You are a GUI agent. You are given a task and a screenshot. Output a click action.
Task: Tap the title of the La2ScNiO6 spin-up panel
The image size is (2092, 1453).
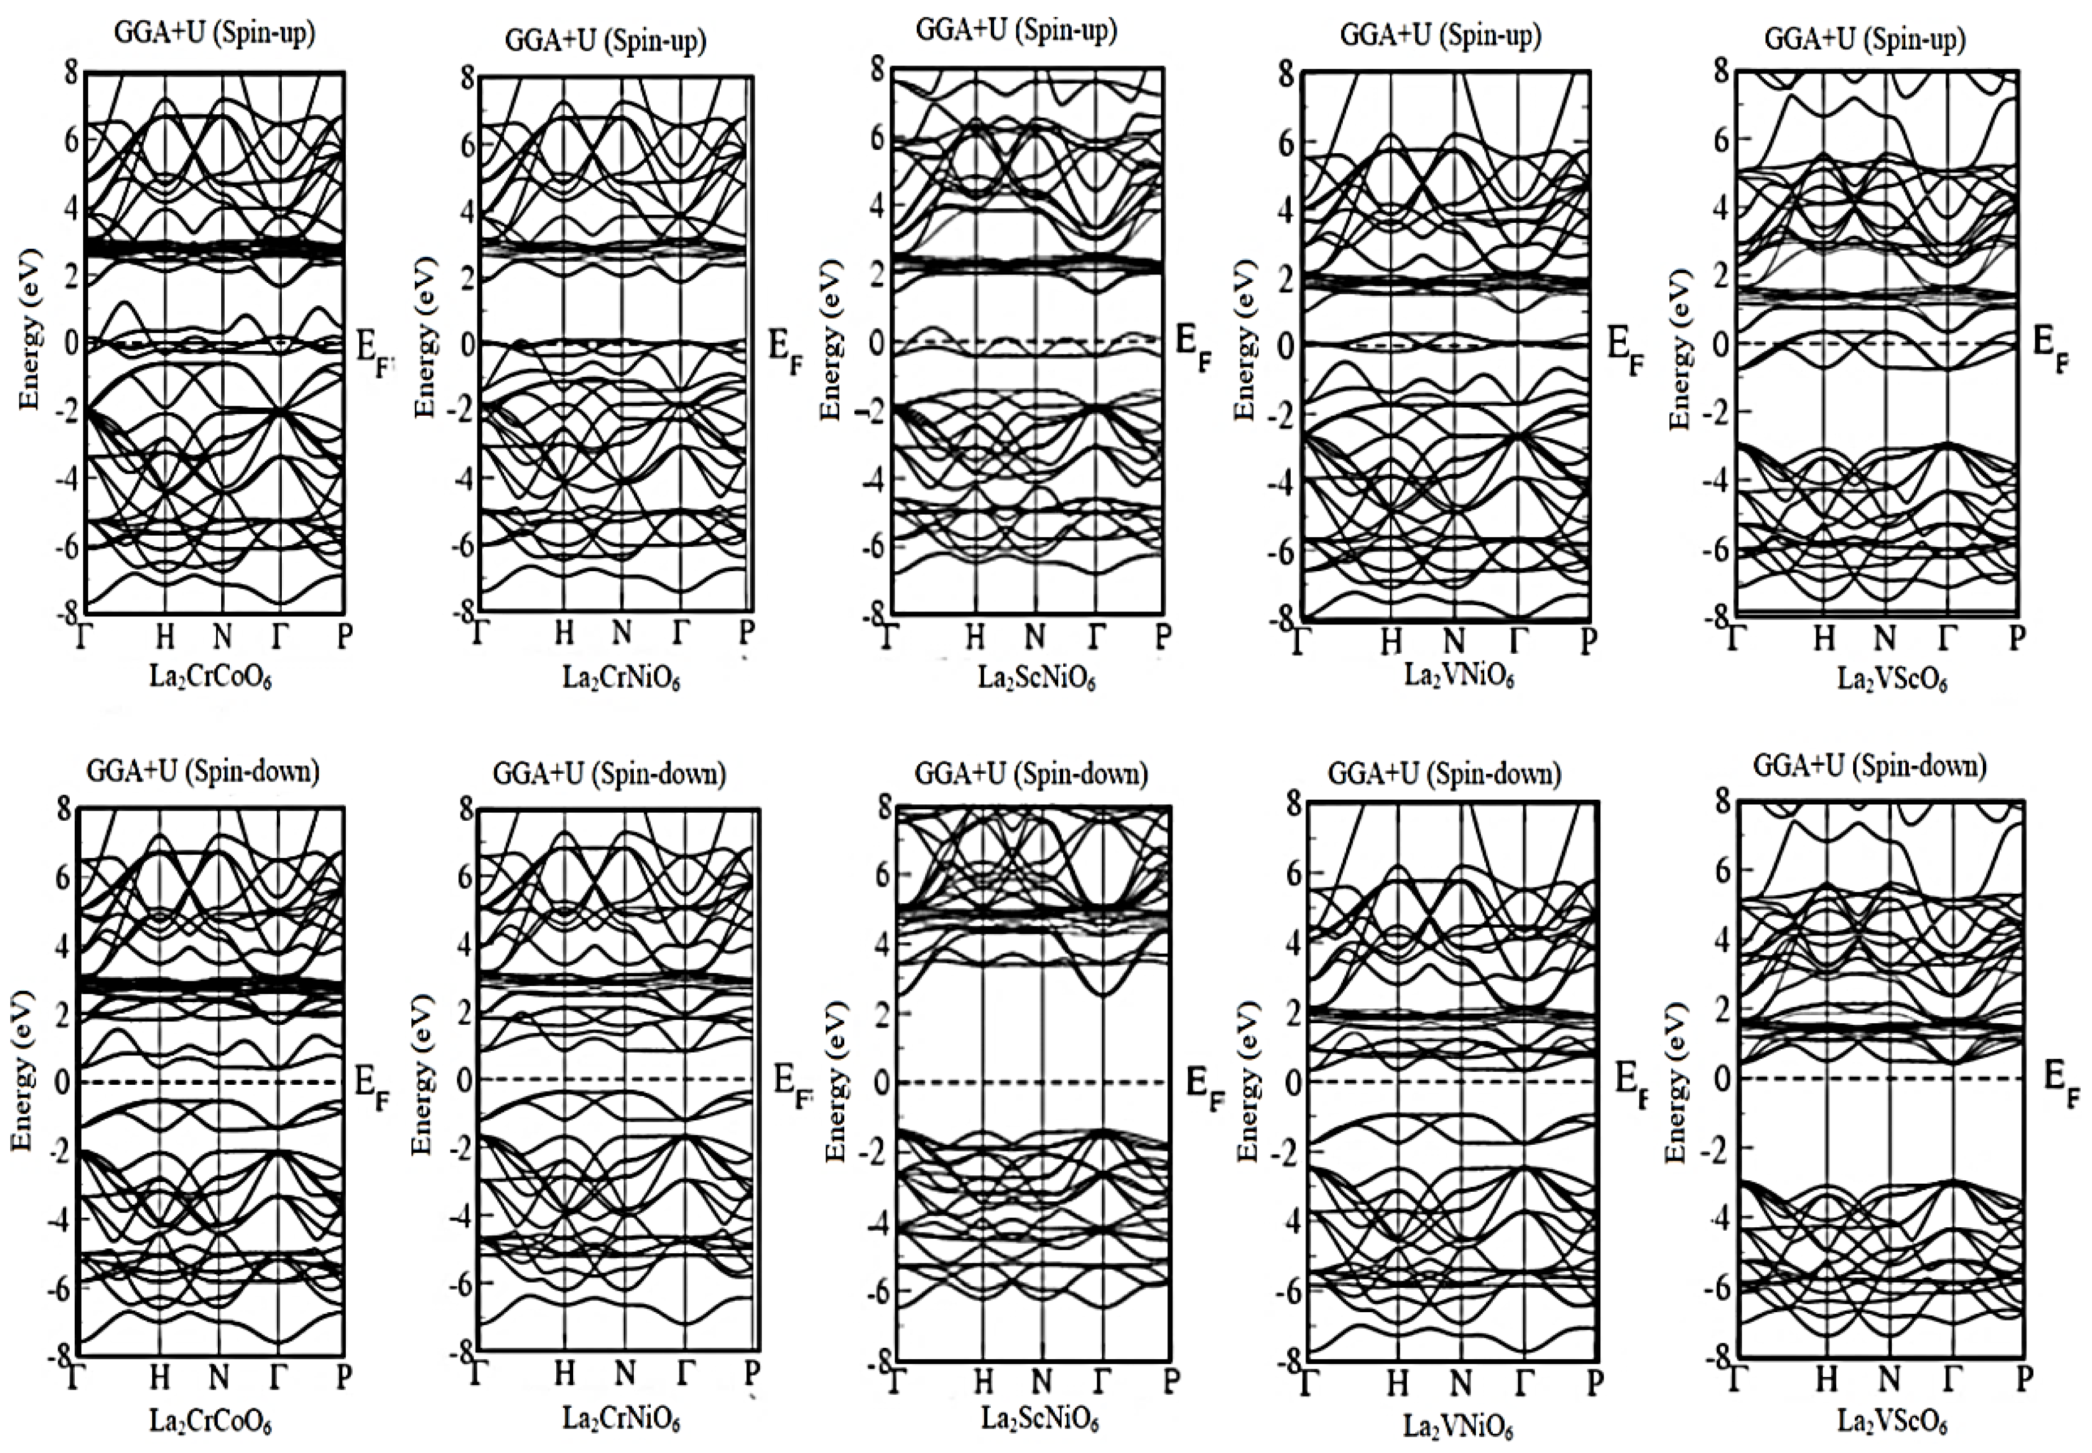tap(1016, 30)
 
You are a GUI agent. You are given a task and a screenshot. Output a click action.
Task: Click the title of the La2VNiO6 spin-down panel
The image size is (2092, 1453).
tap(1445, 774)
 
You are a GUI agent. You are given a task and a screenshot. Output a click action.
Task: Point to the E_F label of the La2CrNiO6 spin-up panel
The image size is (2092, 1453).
tap(785, 348)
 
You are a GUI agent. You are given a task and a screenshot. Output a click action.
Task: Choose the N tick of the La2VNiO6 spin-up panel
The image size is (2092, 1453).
tap(1454, 641)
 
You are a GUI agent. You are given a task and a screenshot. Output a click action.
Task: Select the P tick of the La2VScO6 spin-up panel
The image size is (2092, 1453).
tap(2016, 637)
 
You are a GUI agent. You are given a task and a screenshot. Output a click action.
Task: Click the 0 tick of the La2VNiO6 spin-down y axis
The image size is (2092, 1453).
tap(1293, 1081)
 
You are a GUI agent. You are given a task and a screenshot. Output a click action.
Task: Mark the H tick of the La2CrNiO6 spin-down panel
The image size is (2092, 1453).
tap(565, 1372)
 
